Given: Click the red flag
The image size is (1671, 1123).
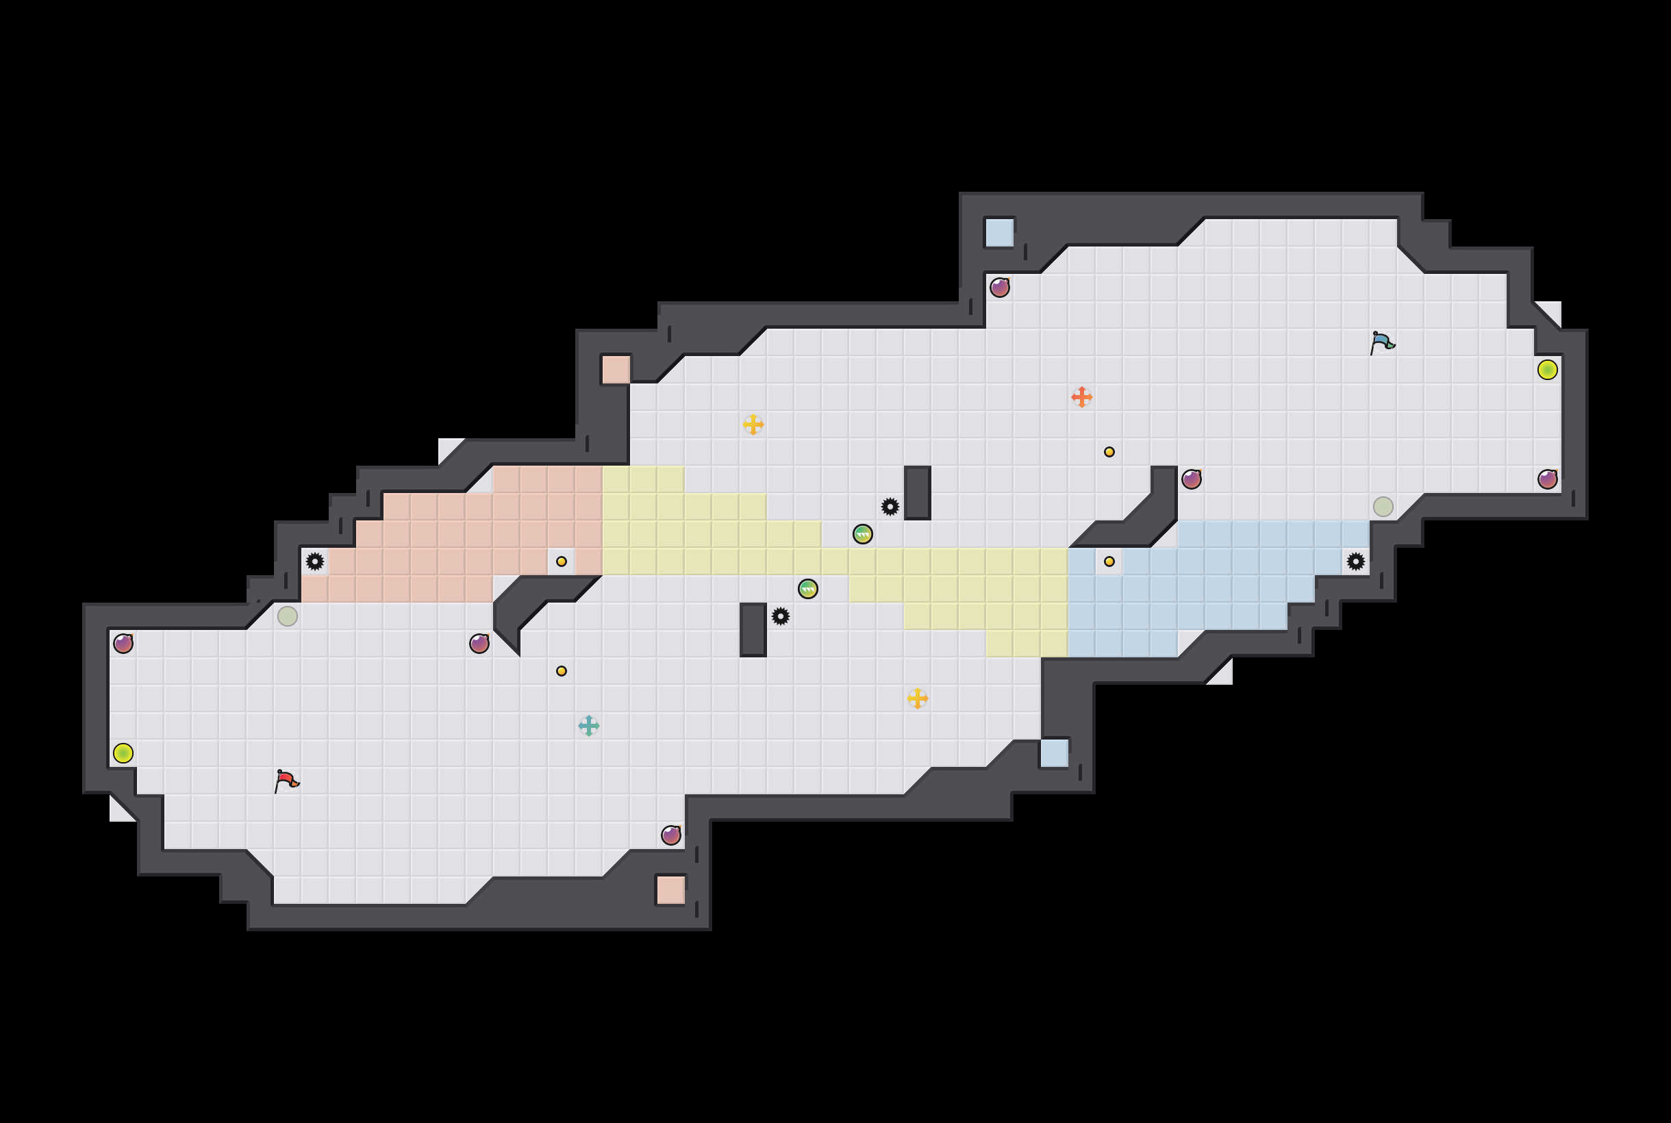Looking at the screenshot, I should (286, 780).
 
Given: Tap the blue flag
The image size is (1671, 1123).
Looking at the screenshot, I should (1383, 342).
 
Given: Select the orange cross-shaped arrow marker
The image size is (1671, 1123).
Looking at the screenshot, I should (1081, 396).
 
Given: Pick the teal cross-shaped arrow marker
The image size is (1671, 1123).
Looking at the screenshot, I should (589, 726).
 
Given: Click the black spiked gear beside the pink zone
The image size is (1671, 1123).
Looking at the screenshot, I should (314, 561).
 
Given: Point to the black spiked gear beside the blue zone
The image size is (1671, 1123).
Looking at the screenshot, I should (1355, 561).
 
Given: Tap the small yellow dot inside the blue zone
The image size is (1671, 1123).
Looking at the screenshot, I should (1109, 561).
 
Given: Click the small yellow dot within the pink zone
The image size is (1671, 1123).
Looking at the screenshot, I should (562, 561).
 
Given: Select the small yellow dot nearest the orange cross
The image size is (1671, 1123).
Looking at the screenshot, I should (1109, 452).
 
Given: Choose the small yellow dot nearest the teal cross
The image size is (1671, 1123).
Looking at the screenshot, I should (562, 671).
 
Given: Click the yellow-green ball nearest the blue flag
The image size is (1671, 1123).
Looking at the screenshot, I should (1547, 370).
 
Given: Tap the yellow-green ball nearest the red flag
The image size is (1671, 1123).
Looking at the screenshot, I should (123, 753).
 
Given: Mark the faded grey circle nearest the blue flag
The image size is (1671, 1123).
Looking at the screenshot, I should (1383, 506).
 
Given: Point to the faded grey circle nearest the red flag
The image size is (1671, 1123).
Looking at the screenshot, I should (287, 616).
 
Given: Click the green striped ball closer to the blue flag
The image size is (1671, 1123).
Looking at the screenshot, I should (862, 534).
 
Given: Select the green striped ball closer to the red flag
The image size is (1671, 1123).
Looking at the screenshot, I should (808, 589).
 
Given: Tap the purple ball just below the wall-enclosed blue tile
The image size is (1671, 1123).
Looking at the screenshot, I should (1000, 287).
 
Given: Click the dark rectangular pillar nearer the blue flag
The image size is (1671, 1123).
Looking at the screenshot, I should (918, 492).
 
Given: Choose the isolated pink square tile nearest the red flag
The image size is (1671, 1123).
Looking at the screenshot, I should (671, 890).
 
